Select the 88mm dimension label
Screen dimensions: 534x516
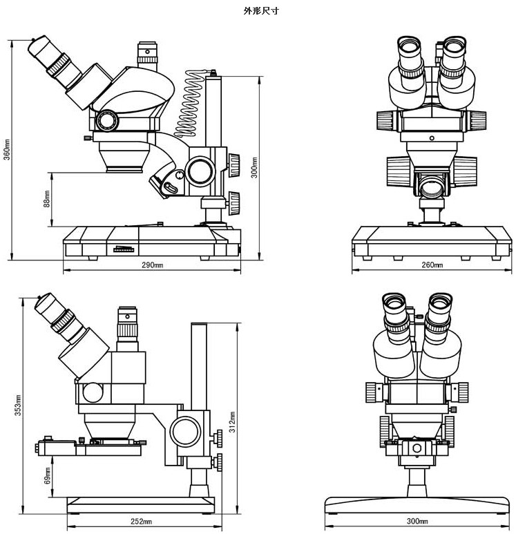coord(46,199)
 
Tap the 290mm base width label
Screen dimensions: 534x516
coord(153,265)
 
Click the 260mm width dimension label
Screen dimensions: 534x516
coord(432,265)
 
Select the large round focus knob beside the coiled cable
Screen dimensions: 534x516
coord(201,169)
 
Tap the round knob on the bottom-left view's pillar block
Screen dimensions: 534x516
coord(187,431)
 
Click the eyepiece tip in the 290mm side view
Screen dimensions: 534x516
coord(39,48)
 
